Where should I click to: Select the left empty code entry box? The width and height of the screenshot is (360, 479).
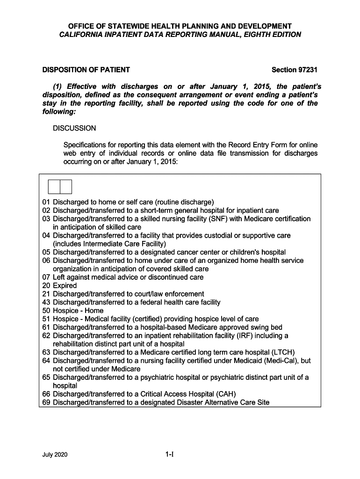click(x=54, y=187)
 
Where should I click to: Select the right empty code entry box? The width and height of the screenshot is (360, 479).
click(x=66, y=187)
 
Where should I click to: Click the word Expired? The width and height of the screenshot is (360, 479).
click(x=65, y=286)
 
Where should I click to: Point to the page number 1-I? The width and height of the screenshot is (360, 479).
click(x=169, y=454)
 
